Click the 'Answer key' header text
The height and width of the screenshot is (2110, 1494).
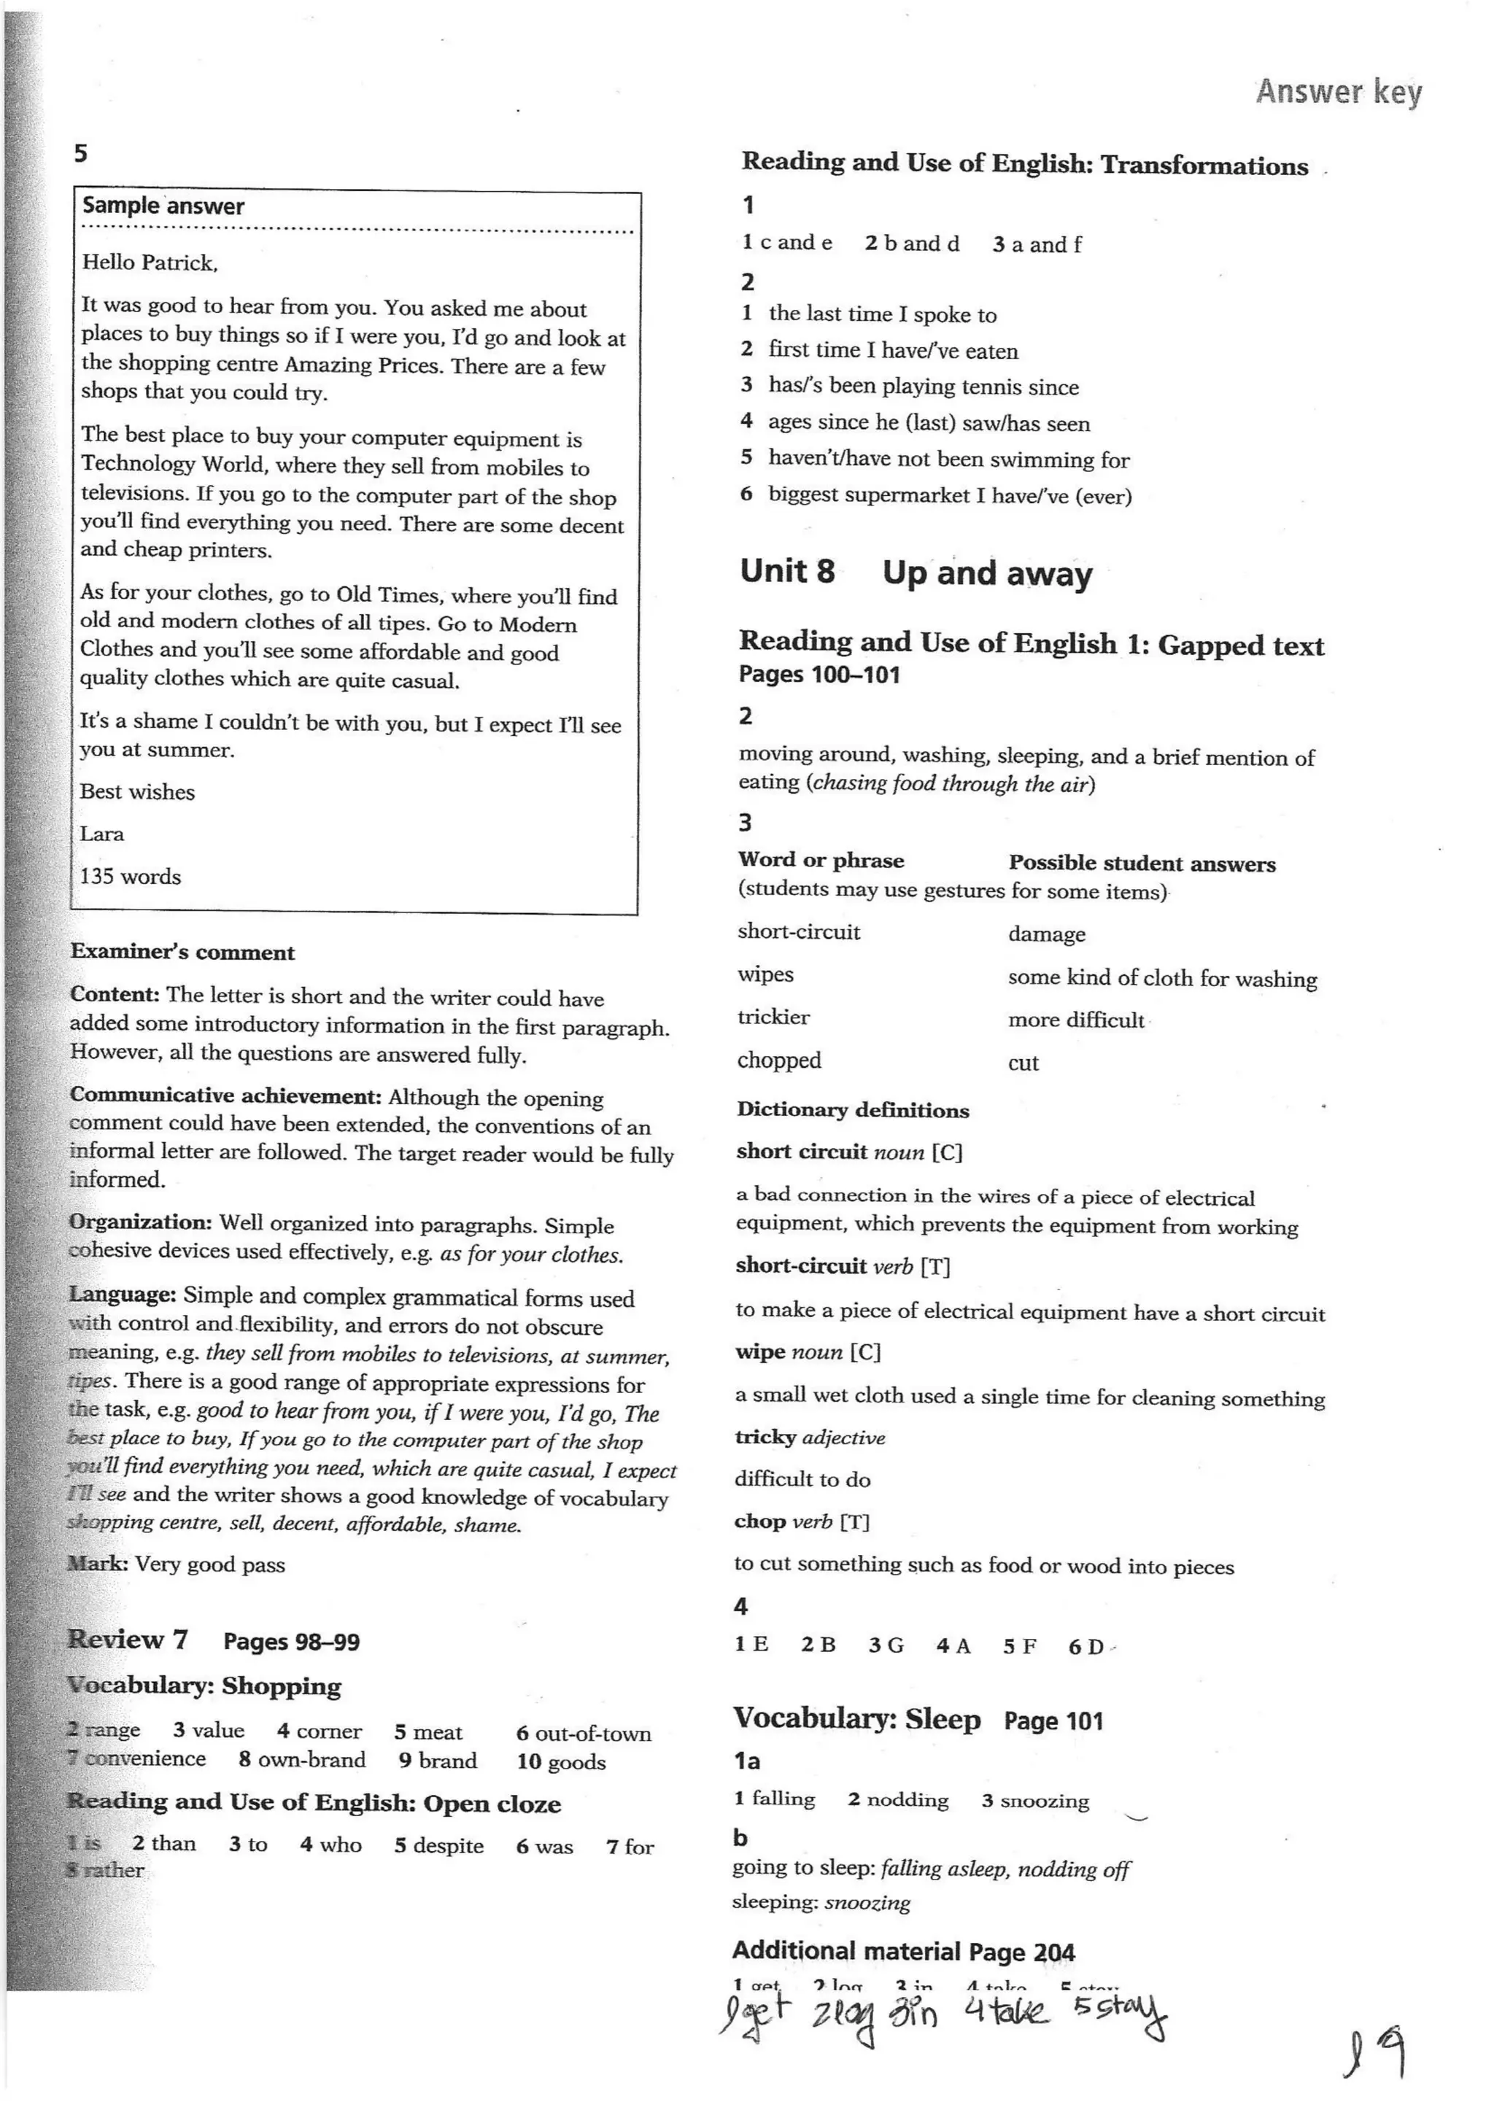(x=1339, y=92)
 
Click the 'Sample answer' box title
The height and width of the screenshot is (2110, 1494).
(x=163, y=206)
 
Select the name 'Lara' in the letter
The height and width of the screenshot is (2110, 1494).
(x=101, y=834)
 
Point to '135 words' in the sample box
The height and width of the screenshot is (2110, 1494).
(x=131, y=877)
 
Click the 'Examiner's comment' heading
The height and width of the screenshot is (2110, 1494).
(x=182, y=953)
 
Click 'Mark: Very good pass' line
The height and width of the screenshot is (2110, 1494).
(x=177, y=1564)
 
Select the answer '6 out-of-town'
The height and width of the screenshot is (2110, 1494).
(x=584, y=1734)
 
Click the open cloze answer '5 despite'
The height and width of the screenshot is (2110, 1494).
(x=439, y=1846)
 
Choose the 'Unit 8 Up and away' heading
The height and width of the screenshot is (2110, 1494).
(x=916, y=573)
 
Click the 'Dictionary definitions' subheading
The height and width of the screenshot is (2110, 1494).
(x=853, y=1110)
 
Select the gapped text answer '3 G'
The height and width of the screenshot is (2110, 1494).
(x=886, y=1645)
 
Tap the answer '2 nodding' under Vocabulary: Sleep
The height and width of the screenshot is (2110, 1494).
(x=898, y=1800)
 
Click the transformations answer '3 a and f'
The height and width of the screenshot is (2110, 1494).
(x=1037, y=244)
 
